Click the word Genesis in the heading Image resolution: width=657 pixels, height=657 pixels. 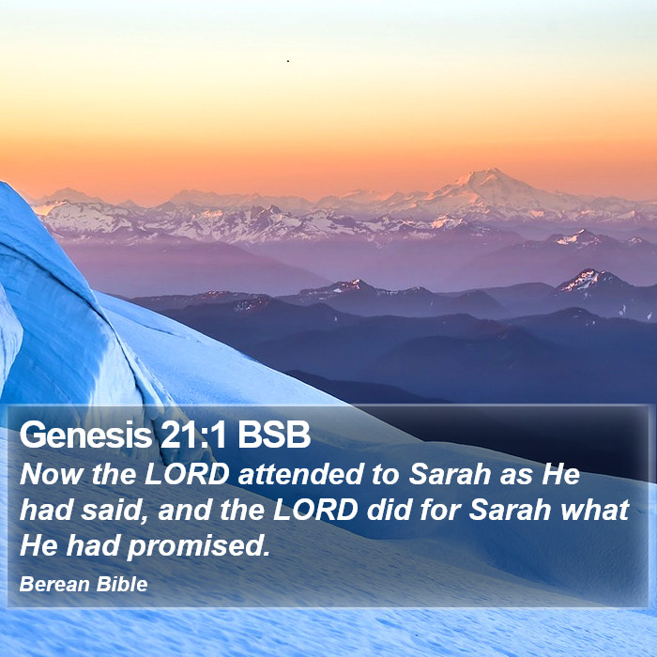click(85, 435)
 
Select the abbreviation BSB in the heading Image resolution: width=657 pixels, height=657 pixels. click(274, 435)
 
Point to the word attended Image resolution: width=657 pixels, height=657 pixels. click(300, 474)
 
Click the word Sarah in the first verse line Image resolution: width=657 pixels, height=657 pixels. click(450, 474)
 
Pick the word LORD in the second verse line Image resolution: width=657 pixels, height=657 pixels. click(315, 510)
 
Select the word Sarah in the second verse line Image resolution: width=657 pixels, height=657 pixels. click(510, 510)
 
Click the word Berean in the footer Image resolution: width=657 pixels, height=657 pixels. click(54, 584)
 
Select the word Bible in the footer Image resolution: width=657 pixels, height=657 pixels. click(122, 584)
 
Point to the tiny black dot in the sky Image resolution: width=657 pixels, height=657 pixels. click(288, 61)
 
